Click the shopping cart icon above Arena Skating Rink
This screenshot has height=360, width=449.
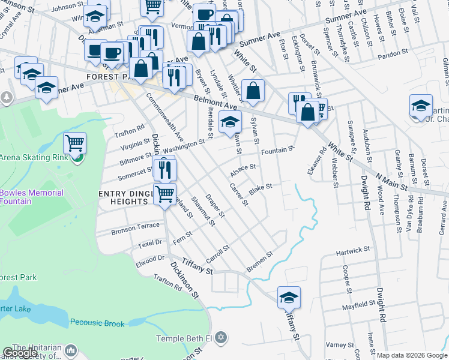[x=75, y=143]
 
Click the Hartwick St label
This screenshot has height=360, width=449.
[x=353, y=249]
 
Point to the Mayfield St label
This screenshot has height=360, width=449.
[x=359, y=305]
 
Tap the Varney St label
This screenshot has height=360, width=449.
[x=340, y=345]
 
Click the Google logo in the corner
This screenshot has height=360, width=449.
[x=20, y=353]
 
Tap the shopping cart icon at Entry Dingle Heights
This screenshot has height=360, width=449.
[x=165, y=194]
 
